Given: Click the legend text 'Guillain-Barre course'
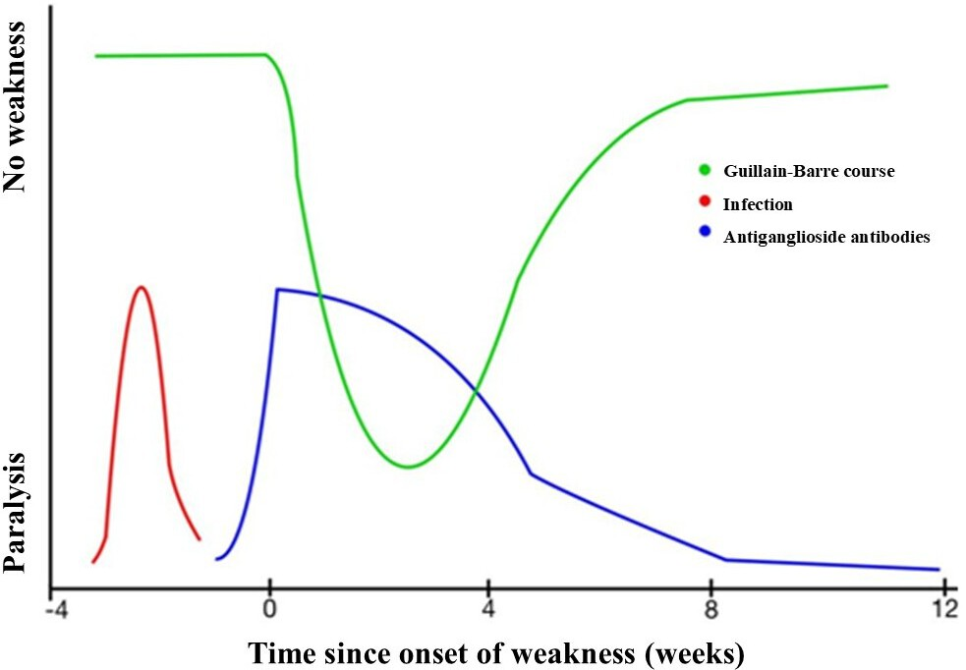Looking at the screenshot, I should [809, 171].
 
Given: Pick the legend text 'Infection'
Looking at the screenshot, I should [757, 204].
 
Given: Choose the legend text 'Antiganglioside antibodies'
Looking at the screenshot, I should [825, 237].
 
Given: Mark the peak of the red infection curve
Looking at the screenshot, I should [142, 287].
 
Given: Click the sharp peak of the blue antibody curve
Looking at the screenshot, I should [278, 289].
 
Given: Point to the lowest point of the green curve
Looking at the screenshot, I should [405, 467].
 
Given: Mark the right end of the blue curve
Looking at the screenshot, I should [939, 569].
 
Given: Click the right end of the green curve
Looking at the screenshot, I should [886, 85].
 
